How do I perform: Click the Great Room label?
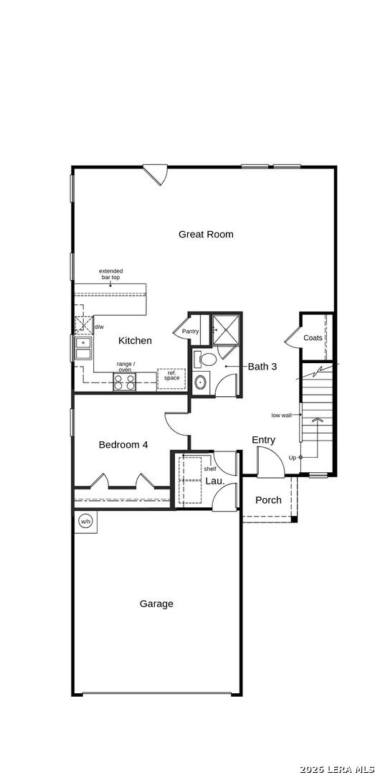[206, 234]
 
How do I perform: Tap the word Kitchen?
[135, 341]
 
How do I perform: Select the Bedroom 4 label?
[123, 445]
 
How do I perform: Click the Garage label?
[156, 604]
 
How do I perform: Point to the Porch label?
[268, 500]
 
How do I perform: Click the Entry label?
[263, 440]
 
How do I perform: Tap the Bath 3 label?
[262, 367]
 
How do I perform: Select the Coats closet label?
[313, 337]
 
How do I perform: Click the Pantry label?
[190, 332]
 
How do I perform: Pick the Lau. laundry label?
[215, 481]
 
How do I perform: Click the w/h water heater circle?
[85, 521]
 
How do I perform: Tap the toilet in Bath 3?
[207, 358]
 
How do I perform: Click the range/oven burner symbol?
[124, 382]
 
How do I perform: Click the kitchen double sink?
[83, 349]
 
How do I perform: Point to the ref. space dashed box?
[171, 378]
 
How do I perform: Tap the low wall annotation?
[281, 415]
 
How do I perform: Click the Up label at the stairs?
[292, 457]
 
